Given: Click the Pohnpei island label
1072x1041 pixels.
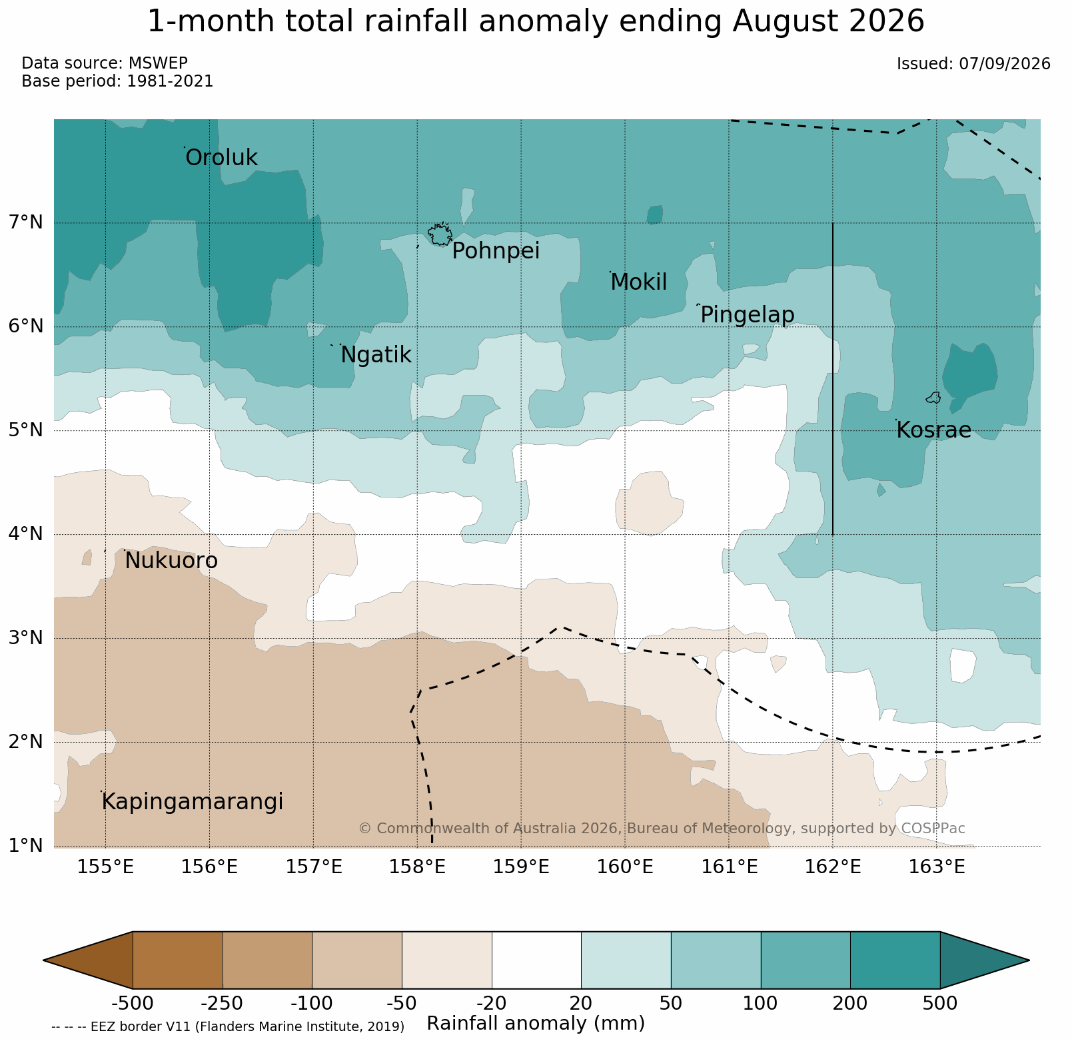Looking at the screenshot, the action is tap(496, 251).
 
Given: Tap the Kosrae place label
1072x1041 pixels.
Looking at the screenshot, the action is tap(933, 430).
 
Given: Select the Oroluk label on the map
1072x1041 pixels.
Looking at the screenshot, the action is tap(221, 158).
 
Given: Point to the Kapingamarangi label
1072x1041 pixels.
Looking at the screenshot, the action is tap(192, 802).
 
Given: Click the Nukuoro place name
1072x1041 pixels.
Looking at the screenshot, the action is tap(171, 561).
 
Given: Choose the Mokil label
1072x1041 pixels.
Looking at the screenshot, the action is tap(638, 282).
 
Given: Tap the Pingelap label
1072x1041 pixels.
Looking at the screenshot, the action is tap(747, 315).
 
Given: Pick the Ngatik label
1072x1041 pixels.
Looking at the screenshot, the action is tap(376, 355).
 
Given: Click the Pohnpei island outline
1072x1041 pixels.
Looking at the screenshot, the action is tap(440, 234).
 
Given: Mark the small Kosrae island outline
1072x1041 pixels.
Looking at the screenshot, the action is tap(933, 398).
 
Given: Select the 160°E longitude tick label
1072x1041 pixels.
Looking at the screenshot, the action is tap(626, 867).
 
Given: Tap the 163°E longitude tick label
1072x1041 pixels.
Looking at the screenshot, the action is tap(937, 867).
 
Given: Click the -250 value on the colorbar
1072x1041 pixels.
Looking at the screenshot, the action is tap(223, 1003).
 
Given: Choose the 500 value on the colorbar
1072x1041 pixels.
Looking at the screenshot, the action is tap(940, 1003).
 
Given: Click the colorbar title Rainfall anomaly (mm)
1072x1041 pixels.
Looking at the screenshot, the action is tap(536, 1024).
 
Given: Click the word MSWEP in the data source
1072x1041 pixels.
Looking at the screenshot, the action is tap(158, 63).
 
